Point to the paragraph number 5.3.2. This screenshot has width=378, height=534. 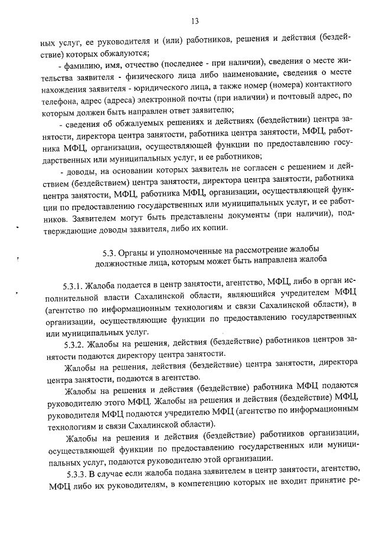pyautogui.click(x=76, y=345)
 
